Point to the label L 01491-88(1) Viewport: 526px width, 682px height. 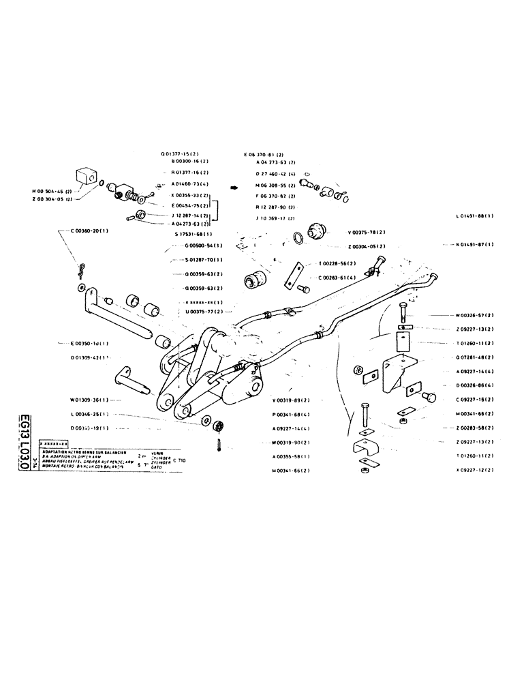pos(474,216)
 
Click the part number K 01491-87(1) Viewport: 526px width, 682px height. pos(474,243)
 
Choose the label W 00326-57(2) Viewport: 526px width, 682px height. pos(474,316)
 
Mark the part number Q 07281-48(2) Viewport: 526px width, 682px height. pos(474,357)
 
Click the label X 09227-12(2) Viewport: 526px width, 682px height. pos(474,470)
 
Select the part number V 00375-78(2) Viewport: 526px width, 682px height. pos(367,231)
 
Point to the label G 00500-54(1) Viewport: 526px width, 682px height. pos(198,246)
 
